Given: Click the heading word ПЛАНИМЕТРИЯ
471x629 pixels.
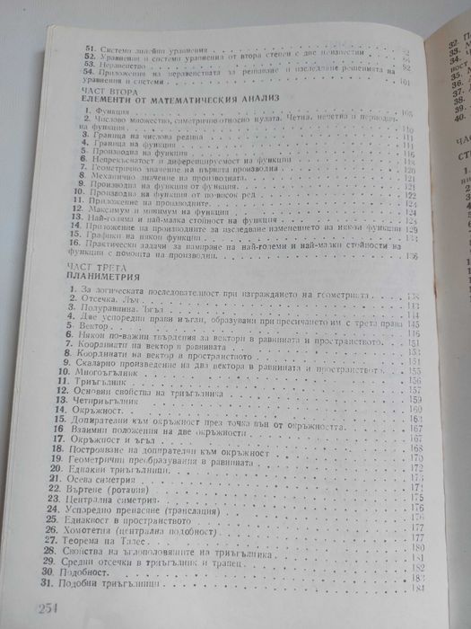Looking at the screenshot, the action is [x=95, y=276].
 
